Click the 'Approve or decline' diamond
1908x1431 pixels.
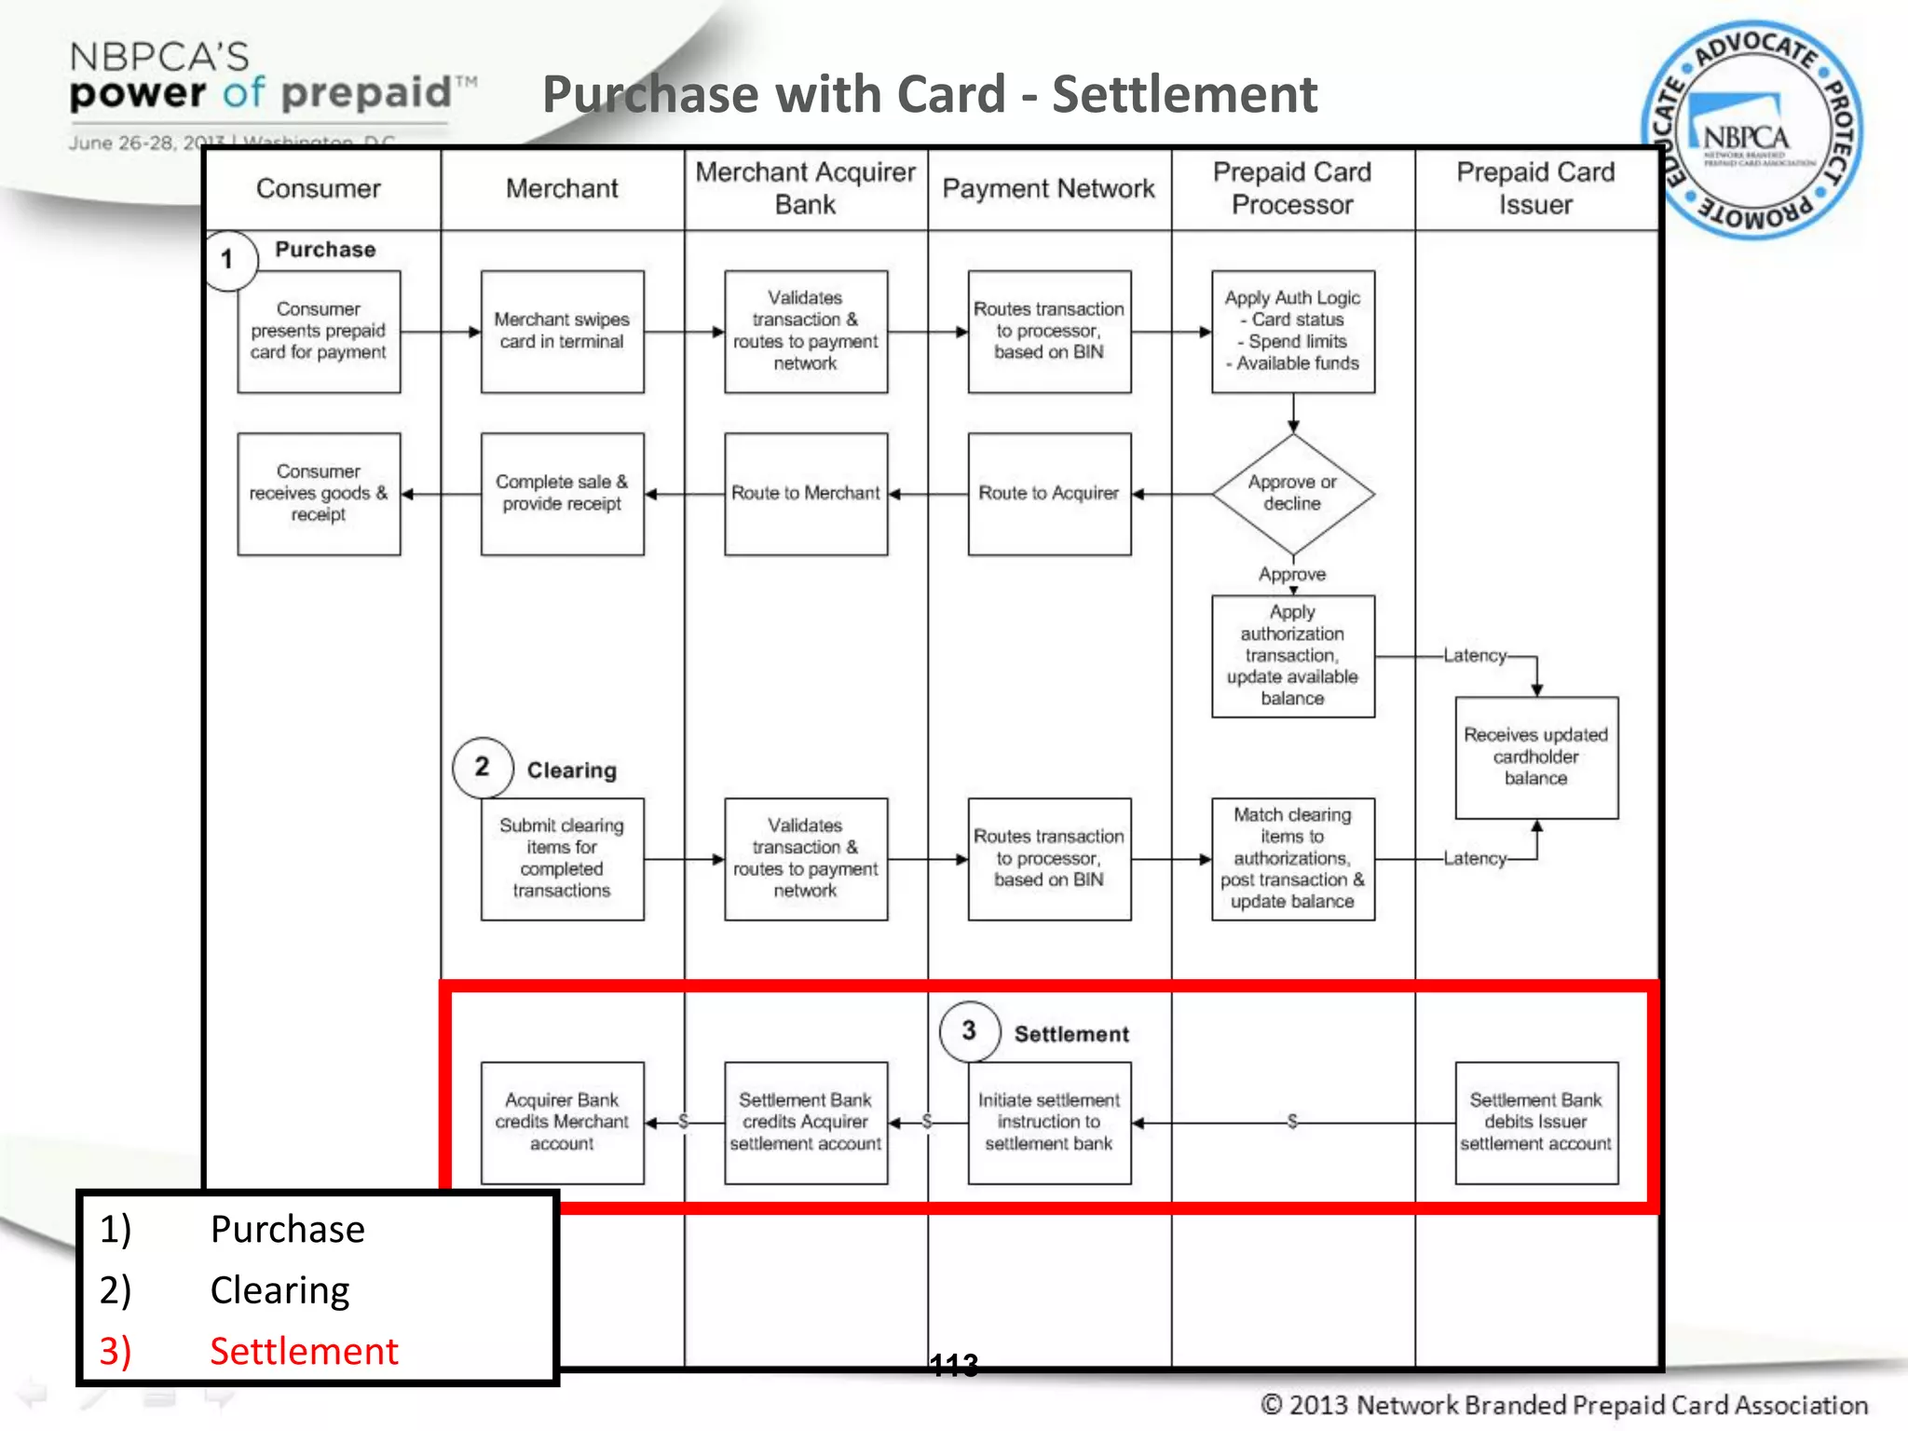tap(1292, 494)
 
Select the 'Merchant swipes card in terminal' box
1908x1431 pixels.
tap(562, 332)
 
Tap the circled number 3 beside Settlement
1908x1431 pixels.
tap(969, 1030)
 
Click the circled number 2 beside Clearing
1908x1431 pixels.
tap(482, 767)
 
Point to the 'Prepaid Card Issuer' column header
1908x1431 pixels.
tap(1535, 188)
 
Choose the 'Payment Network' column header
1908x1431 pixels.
tap(1048, 188)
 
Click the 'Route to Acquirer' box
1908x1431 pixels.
tap(1049, 494)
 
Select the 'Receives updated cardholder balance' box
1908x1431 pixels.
tap(1536, 756)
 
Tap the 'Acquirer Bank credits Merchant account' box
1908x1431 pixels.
tap(562, 1123)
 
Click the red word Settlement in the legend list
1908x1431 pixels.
tap(304, 1351)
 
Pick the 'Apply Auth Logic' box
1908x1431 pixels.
tap(1292, 332)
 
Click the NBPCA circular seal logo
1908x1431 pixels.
tap(1751, 130)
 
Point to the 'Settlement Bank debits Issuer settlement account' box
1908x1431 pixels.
tap(1536, 1123)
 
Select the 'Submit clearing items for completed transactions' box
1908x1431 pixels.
tap(562, 858)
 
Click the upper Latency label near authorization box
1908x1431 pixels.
tap(1475, 656)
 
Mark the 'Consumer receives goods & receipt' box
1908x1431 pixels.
tap(319, 494)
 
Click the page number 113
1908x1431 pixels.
tap(954, 1366)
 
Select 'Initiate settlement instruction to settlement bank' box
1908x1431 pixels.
tap(1049, 1123)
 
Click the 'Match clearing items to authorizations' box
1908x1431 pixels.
tap(1292, 858)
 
